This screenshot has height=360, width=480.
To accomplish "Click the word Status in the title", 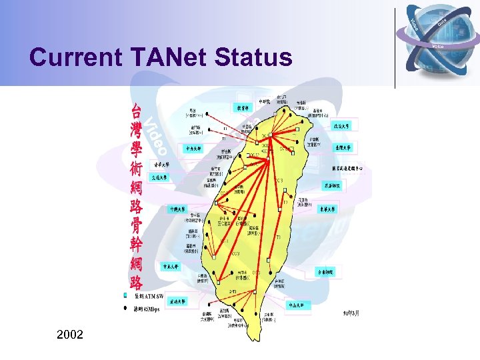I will [253, 57].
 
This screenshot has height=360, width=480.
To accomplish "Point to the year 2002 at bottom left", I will [71, 333].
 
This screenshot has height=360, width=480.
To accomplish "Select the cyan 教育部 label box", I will [243, 107].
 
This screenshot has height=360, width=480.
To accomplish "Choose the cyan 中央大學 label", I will [194, 148].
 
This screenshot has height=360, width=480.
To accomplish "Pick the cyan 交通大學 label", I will [160, 177].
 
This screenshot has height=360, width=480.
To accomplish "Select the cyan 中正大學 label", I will [171, 266].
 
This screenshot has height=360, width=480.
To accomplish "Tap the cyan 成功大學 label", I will [177, 301].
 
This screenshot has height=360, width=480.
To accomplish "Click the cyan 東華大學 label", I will [328, 209].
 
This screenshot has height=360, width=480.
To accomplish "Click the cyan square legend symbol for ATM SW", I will [125, 294].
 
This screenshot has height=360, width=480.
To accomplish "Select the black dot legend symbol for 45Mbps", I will [125, 308].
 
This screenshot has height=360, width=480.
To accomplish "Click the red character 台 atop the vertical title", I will [136, 111].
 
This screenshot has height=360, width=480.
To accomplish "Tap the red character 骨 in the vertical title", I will [136, 227].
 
